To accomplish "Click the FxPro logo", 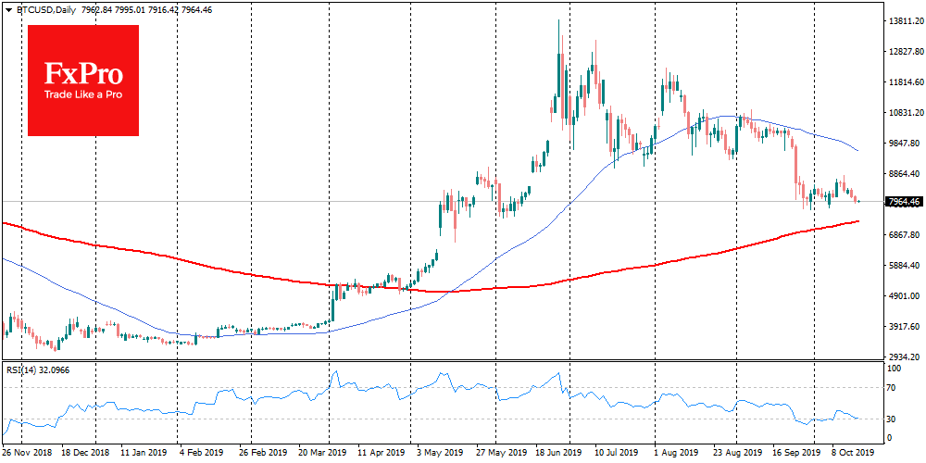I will (x=83, y=80).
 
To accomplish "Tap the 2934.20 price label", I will (x=903, y=357).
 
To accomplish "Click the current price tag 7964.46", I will (x=903, y=201).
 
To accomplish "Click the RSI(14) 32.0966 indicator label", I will (x=39, y=370).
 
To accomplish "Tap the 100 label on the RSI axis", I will (x=894, y=369).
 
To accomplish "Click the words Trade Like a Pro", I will (x=83, y=94).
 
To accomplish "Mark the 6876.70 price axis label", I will (x=903, y=234).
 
